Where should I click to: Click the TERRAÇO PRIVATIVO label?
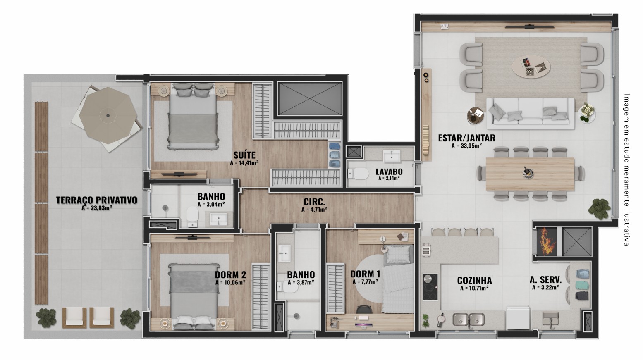pos(97,200)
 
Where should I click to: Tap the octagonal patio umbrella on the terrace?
pos(108,116)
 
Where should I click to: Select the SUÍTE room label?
pos(244,155)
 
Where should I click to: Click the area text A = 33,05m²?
pos(466,146)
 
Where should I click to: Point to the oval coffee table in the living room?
pos(531,67)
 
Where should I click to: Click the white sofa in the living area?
pos(531,114)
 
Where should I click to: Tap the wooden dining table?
pos(530,174)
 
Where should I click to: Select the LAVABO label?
pos(389,172)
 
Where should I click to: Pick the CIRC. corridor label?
pos(314,202)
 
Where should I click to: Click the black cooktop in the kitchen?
pos(430,287)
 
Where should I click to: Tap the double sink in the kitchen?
pos(469,319)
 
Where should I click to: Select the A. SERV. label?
pos(545,280)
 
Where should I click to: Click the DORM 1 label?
pos(365,274)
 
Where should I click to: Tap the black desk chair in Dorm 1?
pos(364,309)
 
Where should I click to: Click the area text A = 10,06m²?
pos(230,283)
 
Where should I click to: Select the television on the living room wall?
pos(530,27)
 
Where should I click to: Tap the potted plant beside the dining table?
pos(599,209)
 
